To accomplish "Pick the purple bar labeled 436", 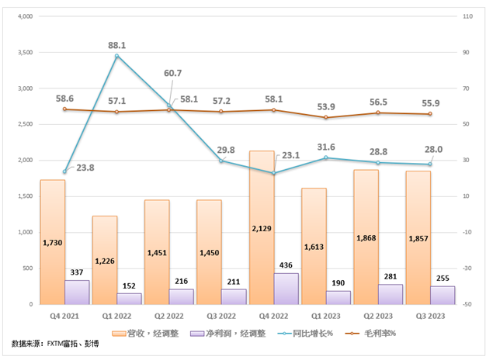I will (x=287, y=288).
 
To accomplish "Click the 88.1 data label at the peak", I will (x=117, y=46).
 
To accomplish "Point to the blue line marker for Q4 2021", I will (x=64, y=171).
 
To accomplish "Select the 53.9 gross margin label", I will (x=327, y=106).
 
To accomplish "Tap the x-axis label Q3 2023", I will (x=431, y=318).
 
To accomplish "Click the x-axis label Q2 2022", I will (x=169, y=318).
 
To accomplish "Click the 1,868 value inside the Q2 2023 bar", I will (x=366, y=237).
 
